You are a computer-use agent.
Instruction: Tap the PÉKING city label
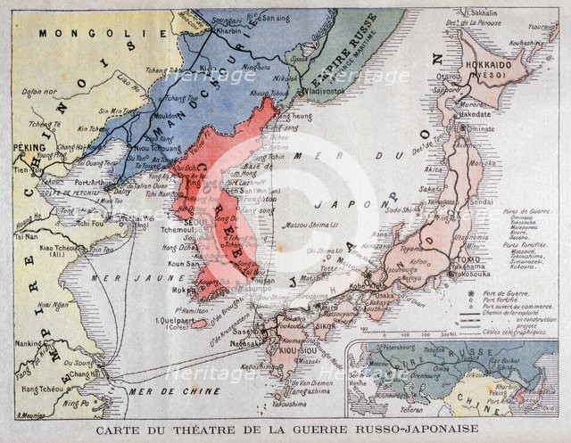coord(30,150)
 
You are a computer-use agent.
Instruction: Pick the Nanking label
coord(30,343)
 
